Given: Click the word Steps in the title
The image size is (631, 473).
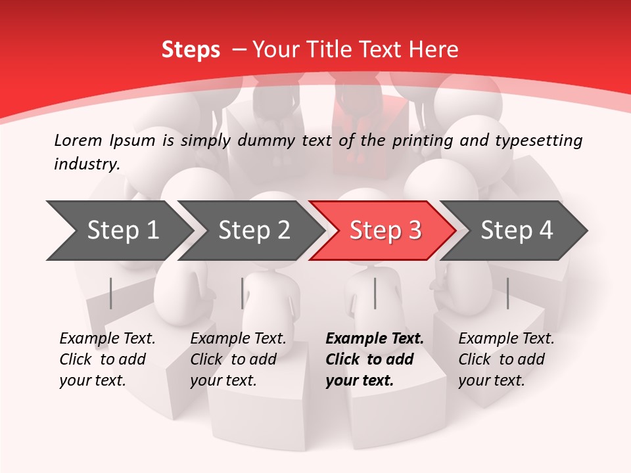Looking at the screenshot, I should click(x=191, y=50).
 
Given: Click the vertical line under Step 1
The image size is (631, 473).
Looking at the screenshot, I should click(x=111, y=293).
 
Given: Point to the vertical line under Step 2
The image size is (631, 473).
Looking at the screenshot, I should click(x=243, y=293).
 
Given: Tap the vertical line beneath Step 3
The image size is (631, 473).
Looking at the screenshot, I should click(x=375, y=293).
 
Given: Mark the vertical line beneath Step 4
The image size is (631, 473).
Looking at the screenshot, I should click(x=507, y=293).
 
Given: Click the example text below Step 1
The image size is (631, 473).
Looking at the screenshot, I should click(x=107, y=359).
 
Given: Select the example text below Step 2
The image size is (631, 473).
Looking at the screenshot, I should click(x=238, y=359).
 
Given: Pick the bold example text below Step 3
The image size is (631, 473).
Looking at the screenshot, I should click(x=375, y=359).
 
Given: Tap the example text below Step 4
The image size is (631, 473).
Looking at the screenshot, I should click(x=506, y=359).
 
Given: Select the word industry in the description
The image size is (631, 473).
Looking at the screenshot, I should click(x=87, y=164).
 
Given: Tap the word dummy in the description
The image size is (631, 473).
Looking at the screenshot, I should click(x=270, y=140).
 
